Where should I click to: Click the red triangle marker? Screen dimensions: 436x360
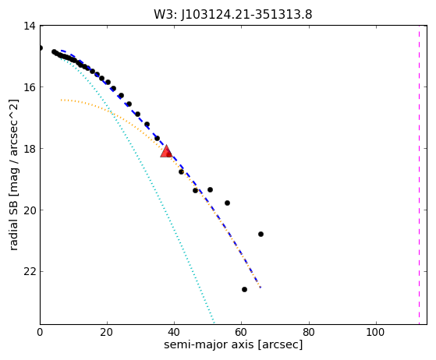point(166,151)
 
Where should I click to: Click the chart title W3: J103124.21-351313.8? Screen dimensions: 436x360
point(233,15)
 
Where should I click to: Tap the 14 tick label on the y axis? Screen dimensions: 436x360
point(30,26)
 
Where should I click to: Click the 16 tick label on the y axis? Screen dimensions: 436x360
point(30,87)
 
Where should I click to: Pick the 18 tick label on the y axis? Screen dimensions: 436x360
point(30,149)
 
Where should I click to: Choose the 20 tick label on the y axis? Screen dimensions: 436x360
point(30,210)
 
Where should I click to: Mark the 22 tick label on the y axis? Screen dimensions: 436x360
point(30,272)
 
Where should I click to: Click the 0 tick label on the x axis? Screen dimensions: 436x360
point(40,332)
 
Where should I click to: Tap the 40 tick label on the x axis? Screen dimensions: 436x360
point(174,332)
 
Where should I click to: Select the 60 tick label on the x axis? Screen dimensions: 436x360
point(241,332)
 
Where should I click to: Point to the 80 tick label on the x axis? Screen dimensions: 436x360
point(308,332)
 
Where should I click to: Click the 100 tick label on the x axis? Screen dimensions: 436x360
point(375,332)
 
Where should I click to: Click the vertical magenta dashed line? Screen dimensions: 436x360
point(419,175)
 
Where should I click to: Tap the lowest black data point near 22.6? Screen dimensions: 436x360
point(244,289)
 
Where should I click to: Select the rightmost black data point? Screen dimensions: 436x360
point(261,235)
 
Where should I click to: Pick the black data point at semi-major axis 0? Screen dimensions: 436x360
point(41,48)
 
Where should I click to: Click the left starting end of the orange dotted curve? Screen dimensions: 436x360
point(61,100)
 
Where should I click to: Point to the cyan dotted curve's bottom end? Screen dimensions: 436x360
point(214,323)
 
